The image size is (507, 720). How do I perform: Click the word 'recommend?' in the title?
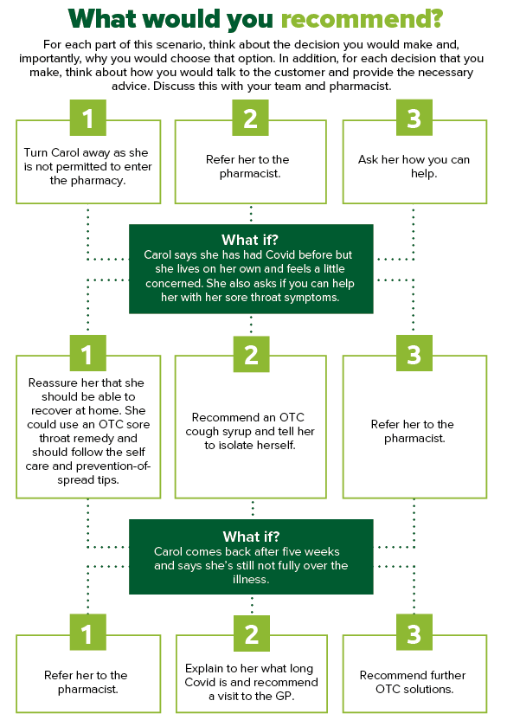(362, 19)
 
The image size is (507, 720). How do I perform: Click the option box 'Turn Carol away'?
(88, 162)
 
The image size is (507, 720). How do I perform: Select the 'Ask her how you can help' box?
(414, 162)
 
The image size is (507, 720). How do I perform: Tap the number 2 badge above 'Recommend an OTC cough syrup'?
(251, 354)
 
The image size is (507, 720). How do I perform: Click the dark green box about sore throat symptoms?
(251, 268)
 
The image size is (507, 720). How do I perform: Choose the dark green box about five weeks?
(251, 556)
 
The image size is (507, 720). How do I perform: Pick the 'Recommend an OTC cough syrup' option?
(251, 427)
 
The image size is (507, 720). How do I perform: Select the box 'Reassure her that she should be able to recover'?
(88, 427)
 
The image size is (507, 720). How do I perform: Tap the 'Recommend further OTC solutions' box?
(414, 673)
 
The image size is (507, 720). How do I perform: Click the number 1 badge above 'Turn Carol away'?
(87, 118)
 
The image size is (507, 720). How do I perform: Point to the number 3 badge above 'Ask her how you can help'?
(414, 118)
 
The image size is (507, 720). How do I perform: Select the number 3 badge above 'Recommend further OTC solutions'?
(414, 633)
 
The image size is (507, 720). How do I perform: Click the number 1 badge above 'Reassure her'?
(87, 353)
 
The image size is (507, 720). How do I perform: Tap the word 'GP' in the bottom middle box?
(284, 696)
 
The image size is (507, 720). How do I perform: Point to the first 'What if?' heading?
(250, 240)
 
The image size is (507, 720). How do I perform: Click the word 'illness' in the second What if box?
(251, 580)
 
